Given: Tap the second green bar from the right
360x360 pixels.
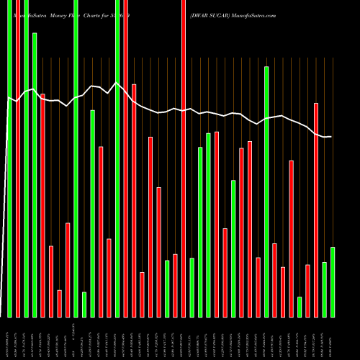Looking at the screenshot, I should [x=324, y=289].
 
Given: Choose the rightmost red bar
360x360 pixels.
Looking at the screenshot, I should [x=316, y=210].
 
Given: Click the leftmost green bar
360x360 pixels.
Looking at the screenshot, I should [x=9, y=158].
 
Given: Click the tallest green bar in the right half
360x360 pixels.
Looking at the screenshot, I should [x=266, y=192].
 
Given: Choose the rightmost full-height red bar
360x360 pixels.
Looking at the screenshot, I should [x=184, y=158].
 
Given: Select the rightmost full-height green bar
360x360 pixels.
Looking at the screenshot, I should [x=117, y=158].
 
